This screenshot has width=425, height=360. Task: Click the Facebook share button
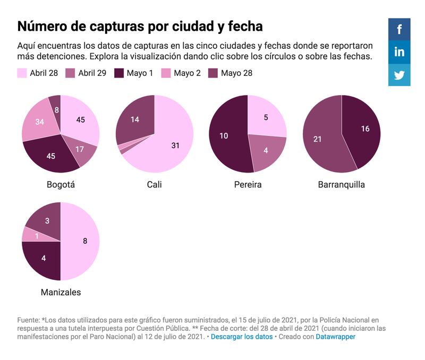pos(399,29)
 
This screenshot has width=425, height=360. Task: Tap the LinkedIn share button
pos(399,52)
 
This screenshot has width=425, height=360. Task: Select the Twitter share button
pos(399,75)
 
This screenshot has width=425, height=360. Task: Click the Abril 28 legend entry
pos(40,73)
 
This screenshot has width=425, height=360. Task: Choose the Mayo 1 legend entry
pos(133,73)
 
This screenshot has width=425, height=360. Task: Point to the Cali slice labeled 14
pos(135,119)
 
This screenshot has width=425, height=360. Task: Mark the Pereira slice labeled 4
pos(266,150)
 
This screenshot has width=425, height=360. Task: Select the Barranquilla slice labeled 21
pos(318,139)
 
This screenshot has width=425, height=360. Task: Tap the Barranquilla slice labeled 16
pos(365,129)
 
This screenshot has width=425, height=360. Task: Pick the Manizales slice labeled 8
pos(84,241)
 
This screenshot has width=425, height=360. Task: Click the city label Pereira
pos(248,185)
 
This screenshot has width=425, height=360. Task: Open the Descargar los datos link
pos(242,337)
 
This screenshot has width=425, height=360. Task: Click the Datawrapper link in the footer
pos(335,337)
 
